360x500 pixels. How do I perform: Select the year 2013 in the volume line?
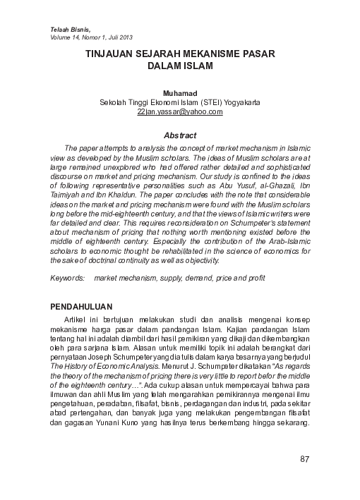pyautogui.click(x=124, y=37)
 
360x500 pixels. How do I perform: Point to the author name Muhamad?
pyautogui.click(x=179, y=92)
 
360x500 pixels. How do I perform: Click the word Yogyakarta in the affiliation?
pyautogui.click(x=236, y=102)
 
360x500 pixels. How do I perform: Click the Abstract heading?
pyautogui.click(x=179, y=135)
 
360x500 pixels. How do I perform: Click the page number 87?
pyautogui.click(x=305, y=459)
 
